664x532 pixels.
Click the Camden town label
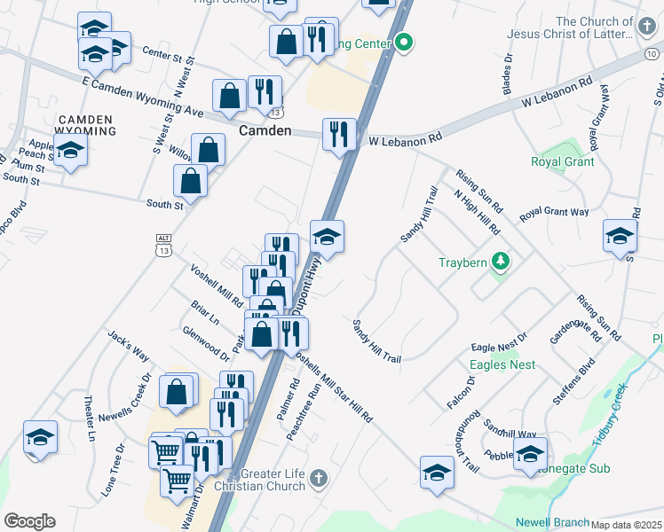265,130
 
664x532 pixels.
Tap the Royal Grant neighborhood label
560,162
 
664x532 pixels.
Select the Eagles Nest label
502,364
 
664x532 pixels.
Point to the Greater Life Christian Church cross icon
319,480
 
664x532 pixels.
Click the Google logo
29,521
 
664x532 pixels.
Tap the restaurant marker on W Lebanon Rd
338,135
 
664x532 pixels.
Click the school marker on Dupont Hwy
327,237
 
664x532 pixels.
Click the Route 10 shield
652,54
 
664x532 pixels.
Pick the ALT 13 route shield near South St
163,245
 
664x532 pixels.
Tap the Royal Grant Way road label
554,213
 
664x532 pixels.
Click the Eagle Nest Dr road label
499,336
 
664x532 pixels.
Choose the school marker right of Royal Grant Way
619,236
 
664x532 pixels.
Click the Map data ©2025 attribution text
627,525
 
